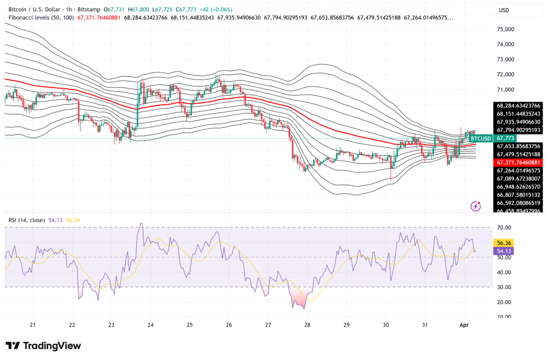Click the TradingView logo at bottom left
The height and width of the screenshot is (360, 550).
point(43,345)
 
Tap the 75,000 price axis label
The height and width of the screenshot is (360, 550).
point(507,30)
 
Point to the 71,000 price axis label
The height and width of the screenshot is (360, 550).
point(507,90)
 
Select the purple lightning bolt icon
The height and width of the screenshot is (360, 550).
point(475,206)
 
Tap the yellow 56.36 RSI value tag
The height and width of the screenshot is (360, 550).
point(505,242)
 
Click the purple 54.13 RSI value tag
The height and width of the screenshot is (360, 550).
point(505,250)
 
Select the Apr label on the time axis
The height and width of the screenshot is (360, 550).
point(463,325)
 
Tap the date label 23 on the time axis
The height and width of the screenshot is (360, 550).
point(111,325)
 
